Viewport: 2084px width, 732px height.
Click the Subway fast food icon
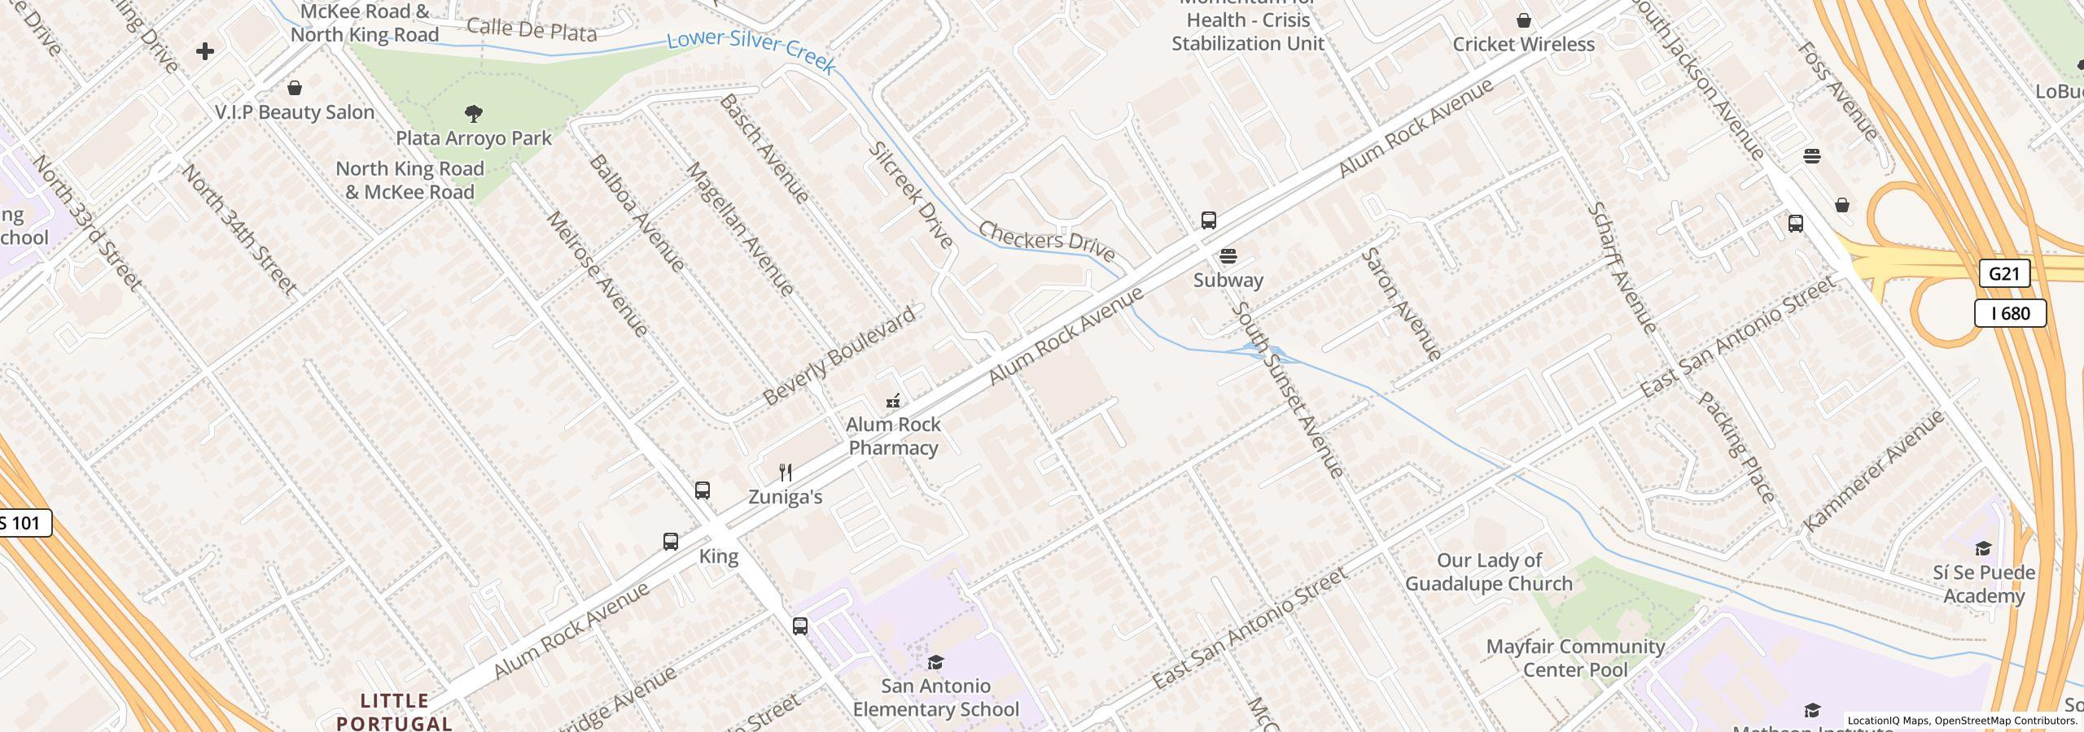[x=1228, y=257]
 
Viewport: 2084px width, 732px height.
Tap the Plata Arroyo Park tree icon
[x=474, y=113]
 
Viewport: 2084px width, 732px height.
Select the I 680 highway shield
[x=2010, y=313]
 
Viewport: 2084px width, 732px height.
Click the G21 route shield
[x=2003, y=273]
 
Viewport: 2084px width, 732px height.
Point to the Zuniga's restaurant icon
[x=786, y=473]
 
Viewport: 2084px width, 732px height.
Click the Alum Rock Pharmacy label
[x=893, y=436]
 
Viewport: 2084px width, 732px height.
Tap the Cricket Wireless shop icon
[x=1524, y=20]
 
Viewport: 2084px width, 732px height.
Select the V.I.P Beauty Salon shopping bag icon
[x=295, y=87]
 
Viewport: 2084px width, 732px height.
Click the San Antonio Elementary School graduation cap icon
[x=935, y=663]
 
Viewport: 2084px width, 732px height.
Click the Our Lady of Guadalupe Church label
[x=1489, y=572]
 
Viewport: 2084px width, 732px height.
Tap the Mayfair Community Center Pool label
[x=1575, y=658]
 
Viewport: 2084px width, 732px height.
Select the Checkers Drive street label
[x=1045, y=241]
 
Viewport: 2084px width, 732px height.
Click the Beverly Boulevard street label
[x=839, y=355]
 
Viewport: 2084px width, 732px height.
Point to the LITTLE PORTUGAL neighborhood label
[x=395, y=712]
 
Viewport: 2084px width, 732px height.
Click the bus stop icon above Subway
[x=1209, y=220]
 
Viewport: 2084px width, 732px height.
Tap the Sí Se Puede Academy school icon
[x=1983, y=549]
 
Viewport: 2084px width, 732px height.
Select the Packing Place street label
[x=1736, y=447]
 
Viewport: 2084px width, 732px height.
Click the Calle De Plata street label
[x=532, y=31]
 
